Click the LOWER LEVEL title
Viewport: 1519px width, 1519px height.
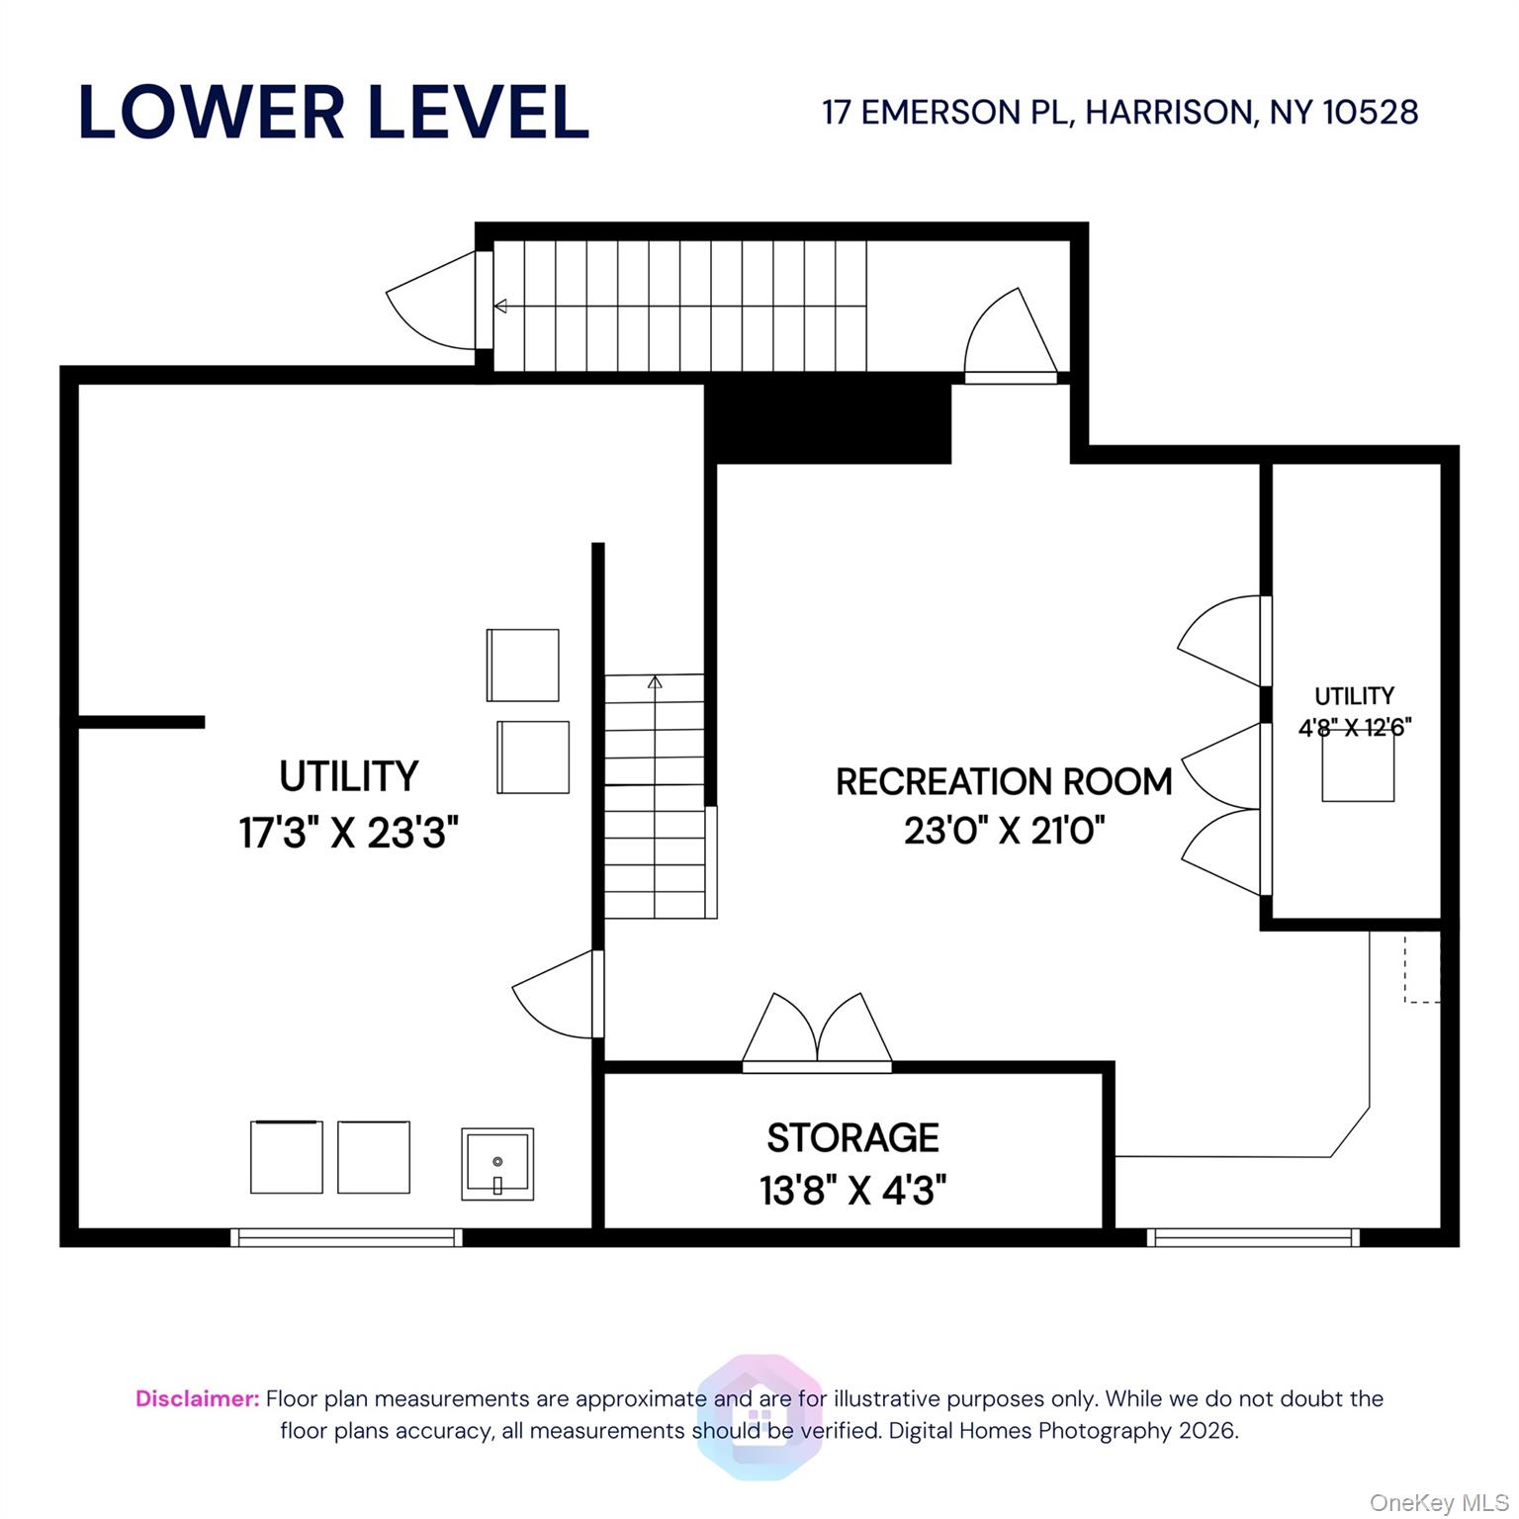pos(333,112)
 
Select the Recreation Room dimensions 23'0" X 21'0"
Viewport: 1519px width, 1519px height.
pos(1004,831)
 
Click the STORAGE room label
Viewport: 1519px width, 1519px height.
pos(852,1138)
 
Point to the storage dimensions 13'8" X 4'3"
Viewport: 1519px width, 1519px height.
pos(852,1190)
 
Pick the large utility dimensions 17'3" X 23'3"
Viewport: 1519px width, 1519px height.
pos(348,833)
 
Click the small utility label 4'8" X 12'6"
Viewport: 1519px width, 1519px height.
pos(1355,727)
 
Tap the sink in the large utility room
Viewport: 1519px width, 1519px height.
pos(497,1164)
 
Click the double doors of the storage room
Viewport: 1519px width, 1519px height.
pos(817,1033)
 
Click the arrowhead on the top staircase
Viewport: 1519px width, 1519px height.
pos(500,307)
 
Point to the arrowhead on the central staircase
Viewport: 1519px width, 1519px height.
pos(655,681)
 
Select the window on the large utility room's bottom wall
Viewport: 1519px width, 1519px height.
pos(346,1237)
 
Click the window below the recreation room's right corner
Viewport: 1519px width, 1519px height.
pos(1253,1237)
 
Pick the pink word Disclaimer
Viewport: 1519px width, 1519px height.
pos(198,1398)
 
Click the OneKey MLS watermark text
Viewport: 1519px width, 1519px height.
pos(1439,1503)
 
